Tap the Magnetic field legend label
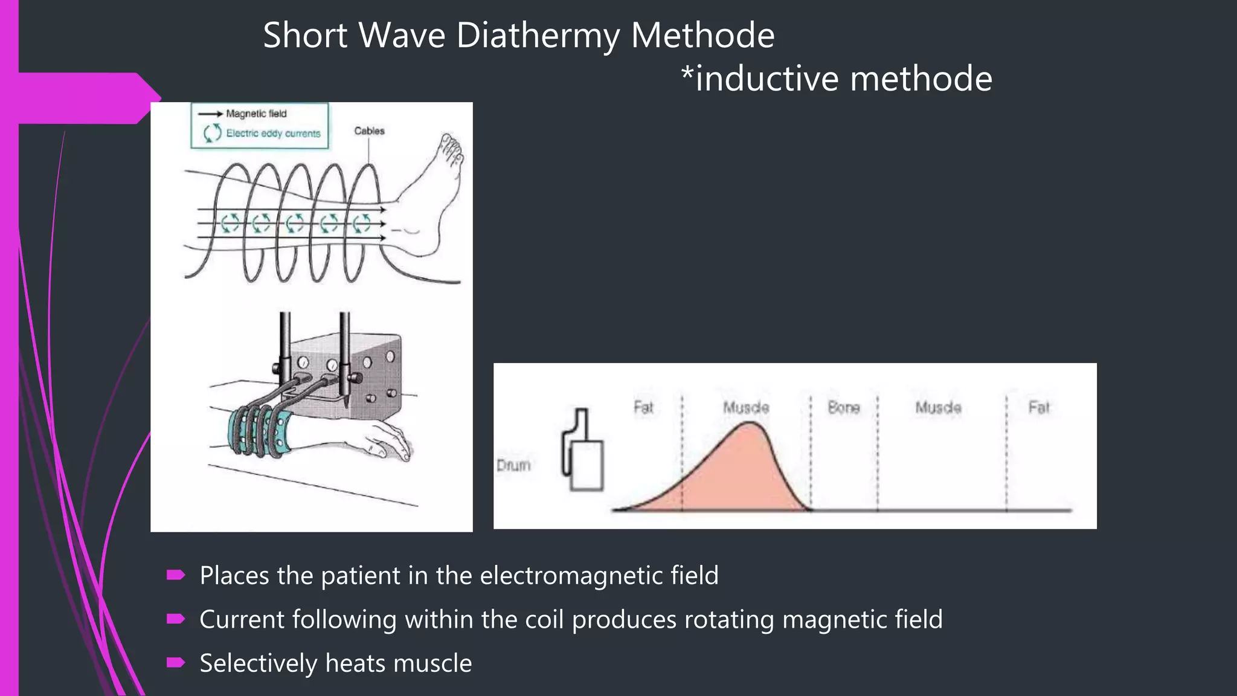click(256, 114)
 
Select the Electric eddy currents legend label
click(273, 134)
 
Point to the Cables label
click(369, 131)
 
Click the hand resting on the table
click(387, 441)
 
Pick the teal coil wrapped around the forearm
click(260, 432)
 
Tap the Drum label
click(513, 465)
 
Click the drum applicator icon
click(583, 453)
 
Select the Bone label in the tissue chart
click(843, 408)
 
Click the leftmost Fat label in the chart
click(643, 407)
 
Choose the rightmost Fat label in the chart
click(1039, 408)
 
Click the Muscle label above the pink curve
click(746, 408)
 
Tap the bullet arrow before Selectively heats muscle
click(176, 663)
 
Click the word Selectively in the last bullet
click(258, 663)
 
